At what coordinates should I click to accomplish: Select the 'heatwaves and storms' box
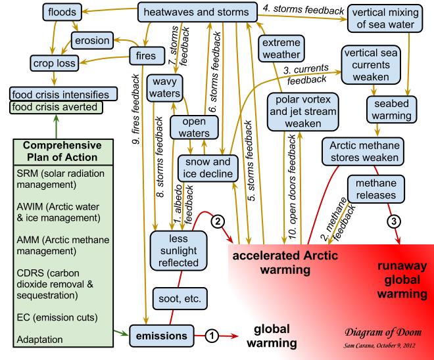tap(196, 12)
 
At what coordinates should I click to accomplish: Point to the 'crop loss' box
tap(53, 63)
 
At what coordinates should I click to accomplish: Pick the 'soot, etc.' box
tap(178, 298)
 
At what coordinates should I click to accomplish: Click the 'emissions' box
tap(162, 336)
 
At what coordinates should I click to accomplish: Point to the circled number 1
tap(211, 336)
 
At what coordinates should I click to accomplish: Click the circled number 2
tap(221, 221)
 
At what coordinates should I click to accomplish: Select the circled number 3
tap(394, 221)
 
